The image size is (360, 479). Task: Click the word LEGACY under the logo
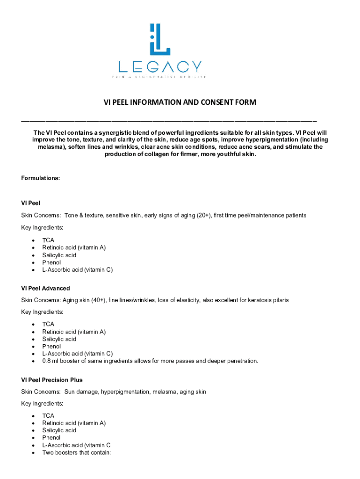(x=159, y=66)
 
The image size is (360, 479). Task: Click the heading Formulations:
(x=41, y=178)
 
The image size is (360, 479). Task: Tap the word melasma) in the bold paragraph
(x=52, y=147)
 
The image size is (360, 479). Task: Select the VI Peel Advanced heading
(x=45, y=288)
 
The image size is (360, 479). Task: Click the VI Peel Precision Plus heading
(x=52, y=380)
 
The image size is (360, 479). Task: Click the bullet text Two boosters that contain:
(x=76, y=453)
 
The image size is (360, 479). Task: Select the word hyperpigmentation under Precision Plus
(x=124, y=392)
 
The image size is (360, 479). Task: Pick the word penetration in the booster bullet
(x=239, y=361)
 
